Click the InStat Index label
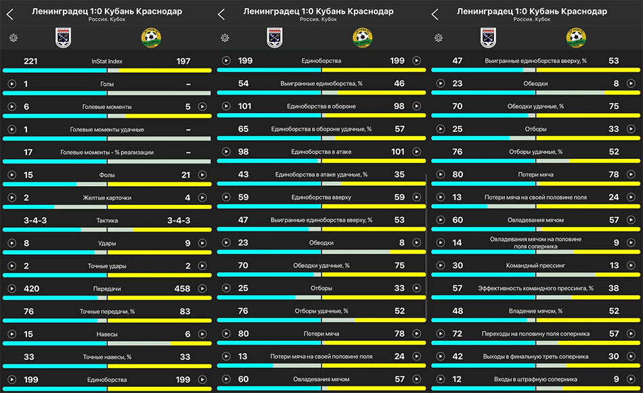point(107,62)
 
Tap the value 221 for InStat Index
point(30,62)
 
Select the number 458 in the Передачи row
point(182,289)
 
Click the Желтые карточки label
point(107,198)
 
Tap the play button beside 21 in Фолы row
point(202,175)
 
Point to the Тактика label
point(107,221)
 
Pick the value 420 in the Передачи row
point(32,289)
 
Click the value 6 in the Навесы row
point(187,334)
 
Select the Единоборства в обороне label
point(321,107)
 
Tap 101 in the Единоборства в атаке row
point(398,152)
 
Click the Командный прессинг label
point(535,266)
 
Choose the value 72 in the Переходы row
point(457,334)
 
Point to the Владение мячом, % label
point(535,311)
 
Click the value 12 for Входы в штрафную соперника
point(457,379)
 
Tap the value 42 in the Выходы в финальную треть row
point(458,356)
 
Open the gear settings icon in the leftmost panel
point(14,38)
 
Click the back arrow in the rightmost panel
point(435,15)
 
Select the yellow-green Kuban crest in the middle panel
point(363,38)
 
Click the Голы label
point(107,84)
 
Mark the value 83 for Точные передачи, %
point(185,311)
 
